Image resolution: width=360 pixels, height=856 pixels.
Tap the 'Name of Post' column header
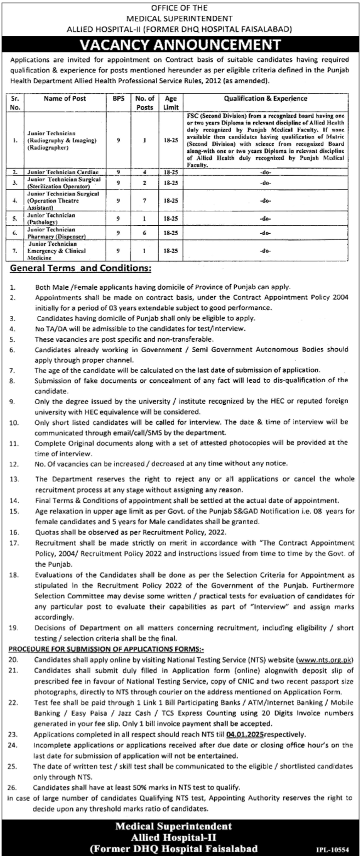64,99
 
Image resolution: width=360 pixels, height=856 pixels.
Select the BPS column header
117,99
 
